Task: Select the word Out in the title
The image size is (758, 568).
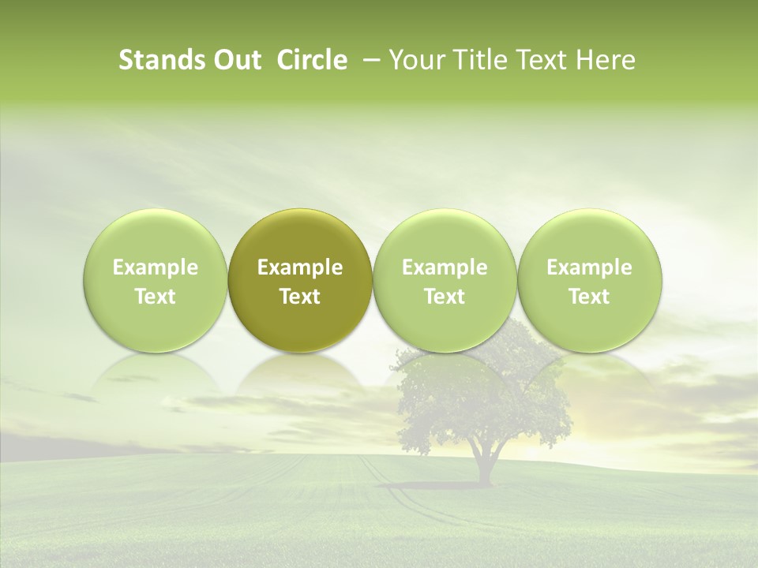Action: pos(235,61)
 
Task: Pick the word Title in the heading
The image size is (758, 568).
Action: pos(475,61)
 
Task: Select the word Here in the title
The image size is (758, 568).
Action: pos(606,61)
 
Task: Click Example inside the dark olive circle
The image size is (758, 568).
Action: pos(300,267)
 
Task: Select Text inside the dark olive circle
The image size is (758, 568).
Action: pos(300,297)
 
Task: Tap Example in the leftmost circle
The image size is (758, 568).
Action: pos(156,267)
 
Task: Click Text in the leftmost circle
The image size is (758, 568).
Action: pos(156,297)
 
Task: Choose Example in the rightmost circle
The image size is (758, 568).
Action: pos(589,267)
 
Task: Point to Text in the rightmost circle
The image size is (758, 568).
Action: pos(589,297)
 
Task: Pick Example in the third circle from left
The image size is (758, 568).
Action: pos(445,267)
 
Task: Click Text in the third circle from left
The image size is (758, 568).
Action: pos(445,297)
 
